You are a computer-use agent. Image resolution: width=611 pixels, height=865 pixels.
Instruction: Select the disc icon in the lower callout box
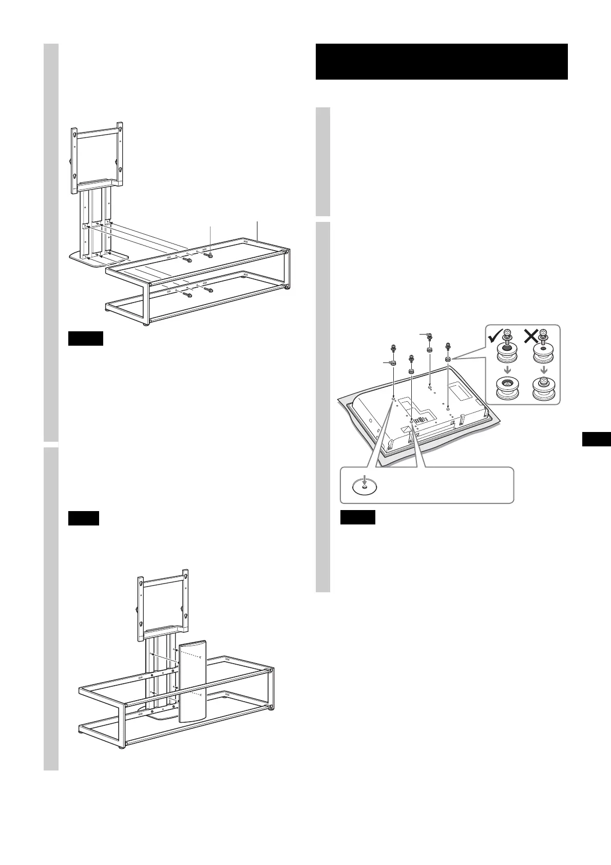pos(364,484)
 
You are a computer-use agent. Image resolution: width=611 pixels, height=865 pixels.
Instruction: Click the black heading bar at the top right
pos(441,62)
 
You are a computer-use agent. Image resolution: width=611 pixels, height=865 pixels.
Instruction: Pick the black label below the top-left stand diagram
pos(86,339)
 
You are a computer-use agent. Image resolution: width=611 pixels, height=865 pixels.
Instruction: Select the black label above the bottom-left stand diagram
pos(83,518)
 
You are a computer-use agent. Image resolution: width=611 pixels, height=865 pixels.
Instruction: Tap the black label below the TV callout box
pos(357,517)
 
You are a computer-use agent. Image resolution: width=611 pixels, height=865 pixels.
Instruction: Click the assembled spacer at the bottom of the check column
pos(507,390)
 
